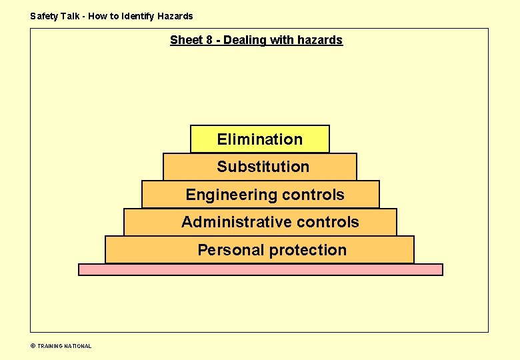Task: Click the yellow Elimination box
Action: point(259,139)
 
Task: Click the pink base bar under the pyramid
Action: point(260,269)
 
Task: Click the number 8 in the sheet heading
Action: point(209,40)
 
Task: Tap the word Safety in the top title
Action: point(44,16)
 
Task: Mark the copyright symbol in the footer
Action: point(33,346)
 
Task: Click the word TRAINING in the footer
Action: point(50,346)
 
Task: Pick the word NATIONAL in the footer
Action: point(78,346)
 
